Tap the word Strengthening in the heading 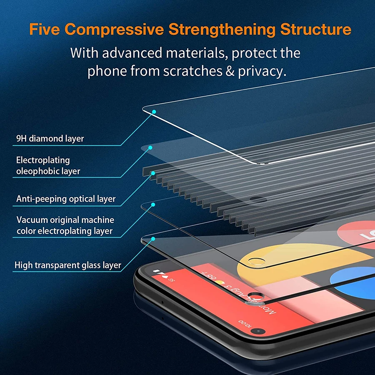(x=222, y=30)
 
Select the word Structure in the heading (x=315, y=30)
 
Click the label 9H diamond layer (x=50, y=139)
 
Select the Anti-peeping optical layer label (x=66, y=199)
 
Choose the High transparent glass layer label (x=68, y=265)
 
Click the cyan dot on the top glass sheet (x=154, y=112)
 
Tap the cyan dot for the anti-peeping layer (x=153, y=172)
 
